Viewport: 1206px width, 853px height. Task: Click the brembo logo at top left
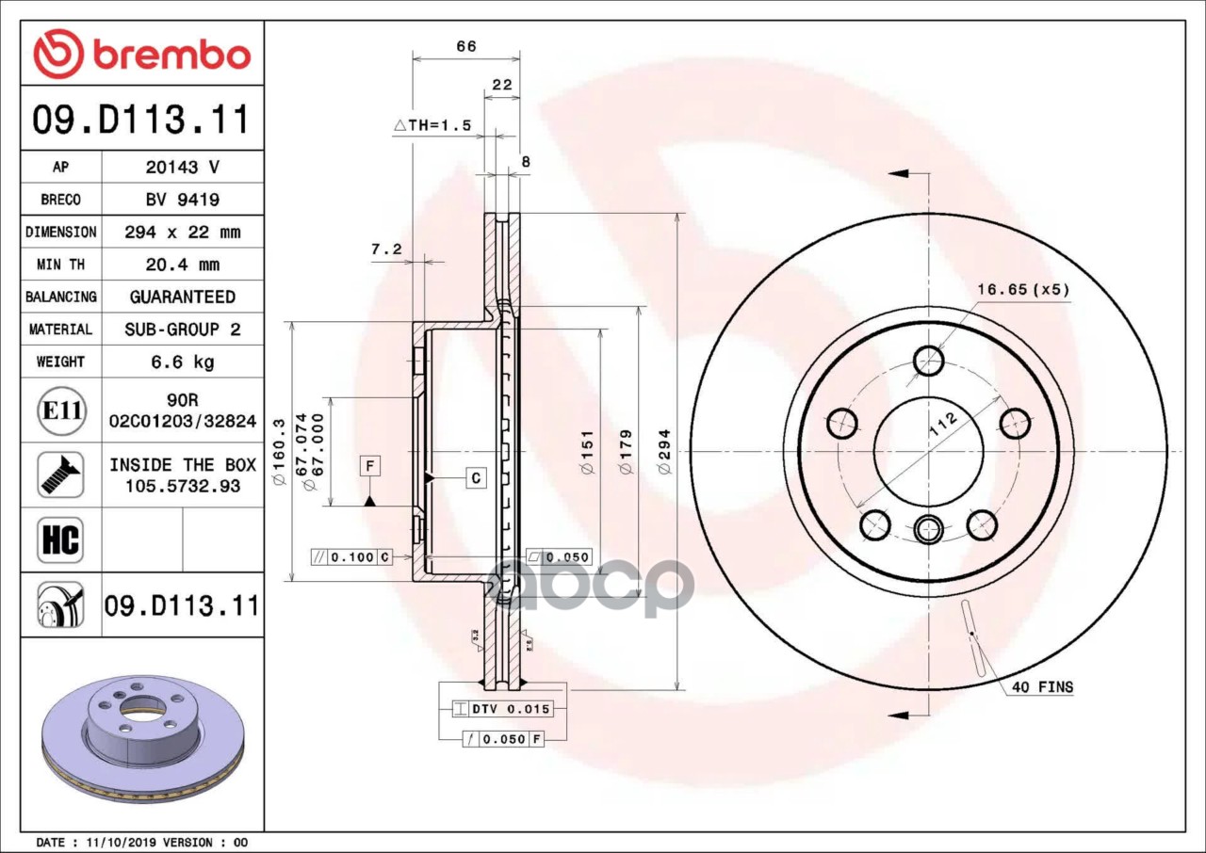[142, 54]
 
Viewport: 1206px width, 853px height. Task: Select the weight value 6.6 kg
[183, 362]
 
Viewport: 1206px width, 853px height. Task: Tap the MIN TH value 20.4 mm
[183, 265]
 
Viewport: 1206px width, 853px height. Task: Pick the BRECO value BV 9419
[183, 200]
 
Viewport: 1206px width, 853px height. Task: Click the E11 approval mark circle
[61, 410]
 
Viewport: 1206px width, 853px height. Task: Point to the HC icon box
[60, 540]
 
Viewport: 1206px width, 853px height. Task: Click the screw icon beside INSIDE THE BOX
[60, 475]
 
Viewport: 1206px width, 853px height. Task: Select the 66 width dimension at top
[466, 46]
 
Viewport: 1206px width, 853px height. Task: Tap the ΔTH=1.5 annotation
[432, 125]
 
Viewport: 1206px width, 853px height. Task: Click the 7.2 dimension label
[386, 249]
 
